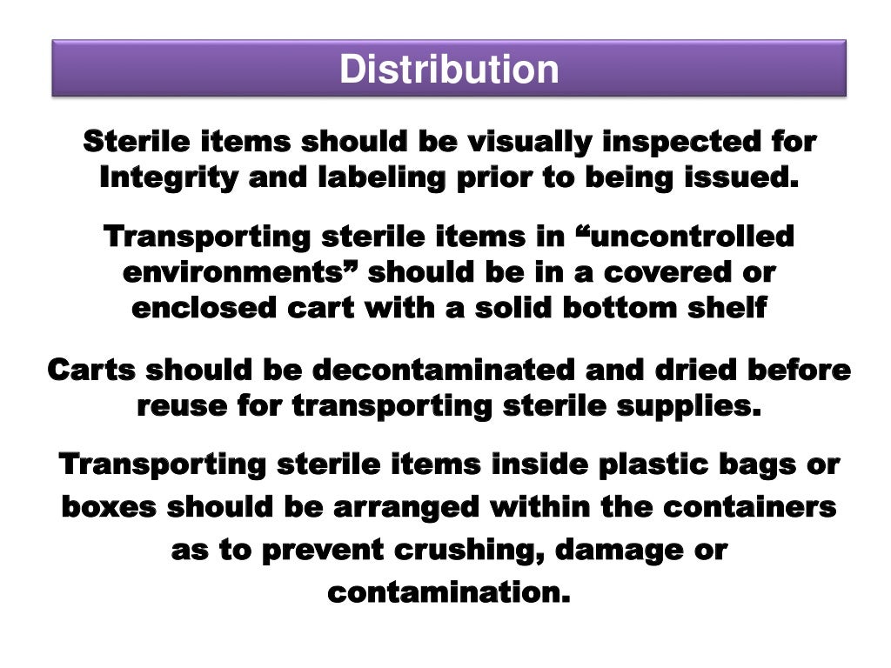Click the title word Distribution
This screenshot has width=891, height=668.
tap(448, 70)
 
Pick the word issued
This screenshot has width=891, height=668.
tap(745, 177)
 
